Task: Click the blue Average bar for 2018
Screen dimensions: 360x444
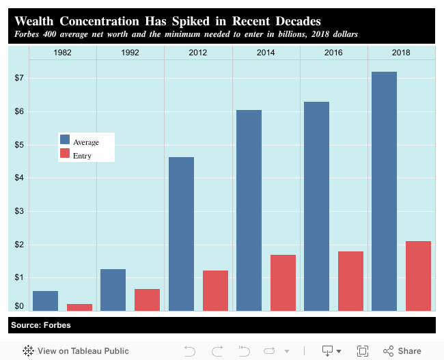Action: [x=384, y=191]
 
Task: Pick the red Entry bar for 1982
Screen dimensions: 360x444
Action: [x=79, y=307]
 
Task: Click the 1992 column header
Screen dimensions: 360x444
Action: [x=130, y=53]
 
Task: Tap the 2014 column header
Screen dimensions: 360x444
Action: [x=266, y=53]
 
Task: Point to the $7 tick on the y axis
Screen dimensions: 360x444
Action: [x=19, y=79]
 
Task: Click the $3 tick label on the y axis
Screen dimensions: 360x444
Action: [x=19, y=211]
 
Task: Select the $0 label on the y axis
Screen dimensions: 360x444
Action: [x=19, y=306]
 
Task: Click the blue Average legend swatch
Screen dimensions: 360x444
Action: [x=65, y=139]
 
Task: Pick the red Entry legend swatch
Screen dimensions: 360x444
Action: [x=65, y=154]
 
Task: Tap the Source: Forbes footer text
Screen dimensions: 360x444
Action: [x=40, y=324]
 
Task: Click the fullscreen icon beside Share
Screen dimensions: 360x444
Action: [x=363, y=350]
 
